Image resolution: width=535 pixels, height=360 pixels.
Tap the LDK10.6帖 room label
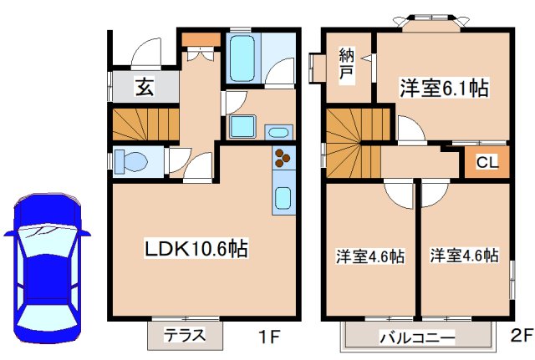coord(197,248)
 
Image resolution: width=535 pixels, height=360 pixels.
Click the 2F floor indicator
coord(520,337)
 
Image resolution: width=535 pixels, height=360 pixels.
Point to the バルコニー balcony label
coord(418,338)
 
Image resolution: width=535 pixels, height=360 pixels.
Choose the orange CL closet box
coord(487,162)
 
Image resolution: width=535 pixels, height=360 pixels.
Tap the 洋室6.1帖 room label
coord(443,87)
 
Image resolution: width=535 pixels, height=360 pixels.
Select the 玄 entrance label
coord(144,85)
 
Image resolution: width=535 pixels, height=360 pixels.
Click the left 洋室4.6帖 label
coord(370,256)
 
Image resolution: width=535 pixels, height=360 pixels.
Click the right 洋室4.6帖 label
coord(465,256)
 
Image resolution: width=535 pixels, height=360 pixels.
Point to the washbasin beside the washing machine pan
coord(278,131)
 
